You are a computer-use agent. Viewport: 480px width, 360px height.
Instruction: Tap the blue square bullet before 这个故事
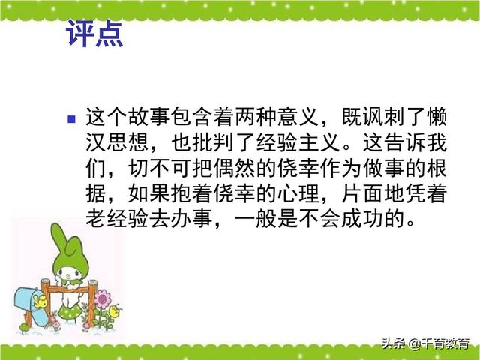[72, 119]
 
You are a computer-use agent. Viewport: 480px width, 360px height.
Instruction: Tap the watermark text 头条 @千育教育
[425, 343]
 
